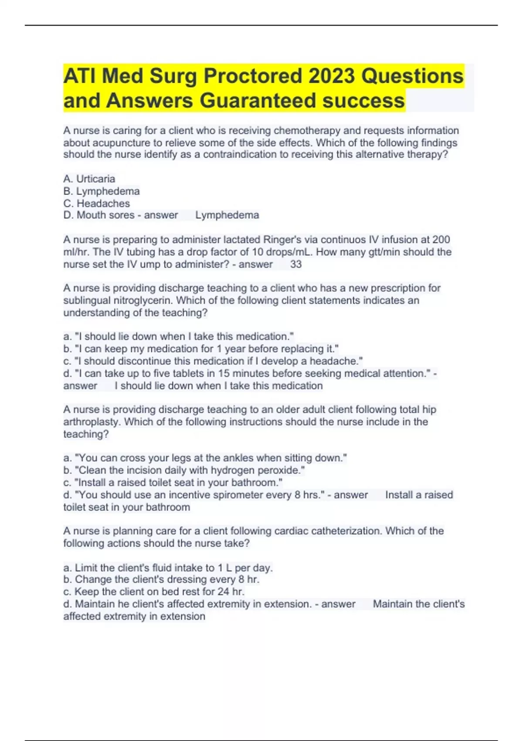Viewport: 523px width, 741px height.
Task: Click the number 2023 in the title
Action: coord(332,76)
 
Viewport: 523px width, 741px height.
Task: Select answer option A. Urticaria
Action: coord(89,179)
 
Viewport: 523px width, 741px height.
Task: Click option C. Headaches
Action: coord(97,203)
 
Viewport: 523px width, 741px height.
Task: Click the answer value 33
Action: coord(296,264)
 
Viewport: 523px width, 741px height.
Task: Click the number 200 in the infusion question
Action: coord(441,240)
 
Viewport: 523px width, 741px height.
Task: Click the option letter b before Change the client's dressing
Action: coord(67,579)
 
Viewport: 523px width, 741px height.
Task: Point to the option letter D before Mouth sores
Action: coord(68,215)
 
